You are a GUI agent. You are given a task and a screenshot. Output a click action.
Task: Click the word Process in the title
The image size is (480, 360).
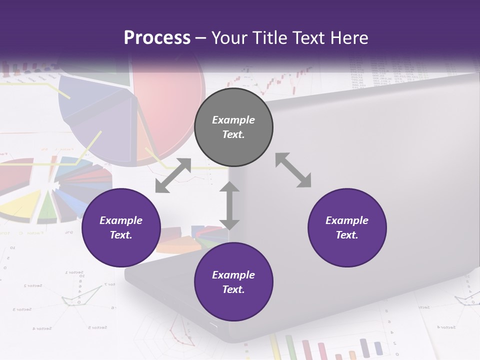click(157, 38)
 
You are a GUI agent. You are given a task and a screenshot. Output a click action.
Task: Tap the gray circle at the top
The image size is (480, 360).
click(233, 127)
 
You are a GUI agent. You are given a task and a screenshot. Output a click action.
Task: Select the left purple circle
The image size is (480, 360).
click(121, 227)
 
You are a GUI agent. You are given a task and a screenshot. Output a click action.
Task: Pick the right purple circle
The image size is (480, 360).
click(347, 227)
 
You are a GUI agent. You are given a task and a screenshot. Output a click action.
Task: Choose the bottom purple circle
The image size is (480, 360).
click(233, 282)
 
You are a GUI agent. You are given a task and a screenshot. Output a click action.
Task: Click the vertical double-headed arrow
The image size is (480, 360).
click(229, 205)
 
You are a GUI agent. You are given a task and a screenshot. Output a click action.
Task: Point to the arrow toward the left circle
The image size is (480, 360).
click(173, 175)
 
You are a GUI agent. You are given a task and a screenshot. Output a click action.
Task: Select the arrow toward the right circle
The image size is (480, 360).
click(293, 170)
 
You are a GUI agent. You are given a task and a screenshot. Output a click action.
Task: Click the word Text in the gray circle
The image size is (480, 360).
click(233, 134)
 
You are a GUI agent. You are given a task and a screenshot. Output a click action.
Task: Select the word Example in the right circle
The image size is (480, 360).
click(347, 220)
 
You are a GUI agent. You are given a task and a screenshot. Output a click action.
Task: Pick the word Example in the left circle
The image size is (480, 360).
click(121, 220)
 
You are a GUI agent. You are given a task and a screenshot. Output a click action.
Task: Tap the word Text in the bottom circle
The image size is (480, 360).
click(233, 289)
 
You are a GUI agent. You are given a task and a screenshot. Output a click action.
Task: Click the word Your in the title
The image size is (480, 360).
click(227, 38)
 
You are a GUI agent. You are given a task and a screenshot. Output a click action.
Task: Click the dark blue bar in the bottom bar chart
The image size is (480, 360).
click(363, 346)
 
